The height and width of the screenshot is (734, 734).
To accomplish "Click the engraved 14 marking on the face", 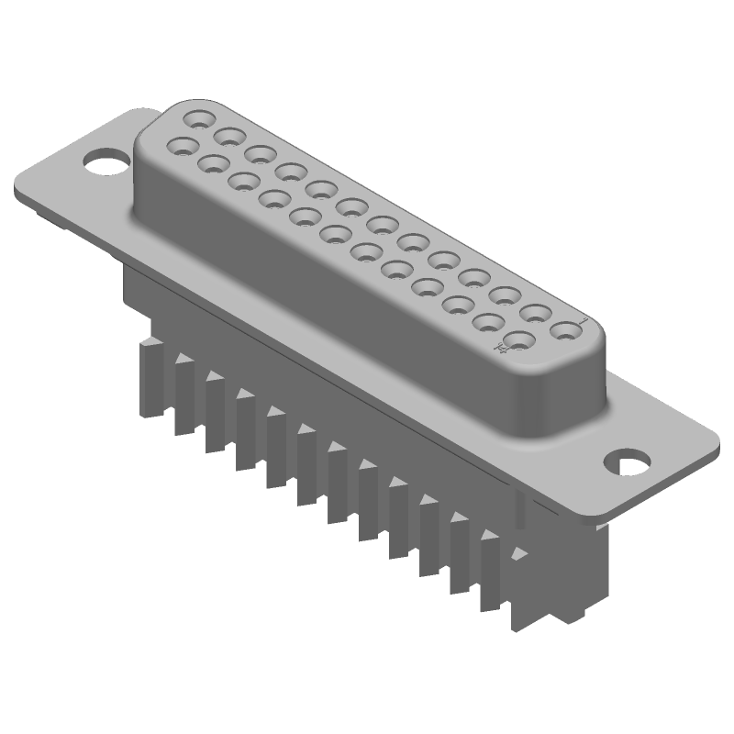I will tap(502, 348).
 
